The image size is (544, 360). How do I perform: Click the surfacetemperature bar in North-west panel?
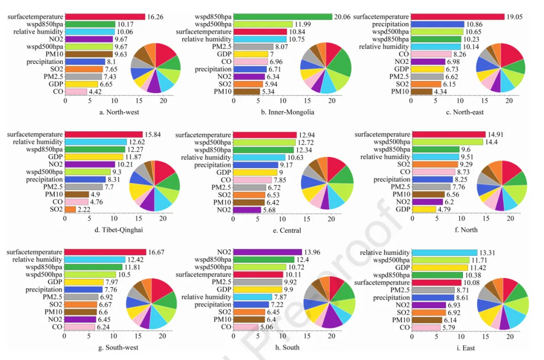(105, 17)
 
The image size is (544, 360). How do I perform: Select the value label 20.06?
(343, 17)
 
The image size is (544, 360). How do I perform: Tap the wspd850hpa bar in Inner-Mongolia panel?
(283, 17)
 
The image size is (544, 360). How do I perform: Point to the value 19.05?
(515, 17)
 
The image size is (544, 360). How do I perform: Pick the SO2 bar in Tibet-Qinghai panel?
(71, 209)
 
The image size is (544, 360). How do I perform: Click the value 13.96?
(311, 252)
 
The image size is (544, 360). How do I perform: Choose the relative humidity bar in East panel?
(444, 252)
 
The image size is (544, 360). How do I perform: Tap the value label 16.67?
(155, 252)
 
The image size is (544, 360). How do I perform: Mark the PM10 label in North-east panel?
(400, 92)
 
